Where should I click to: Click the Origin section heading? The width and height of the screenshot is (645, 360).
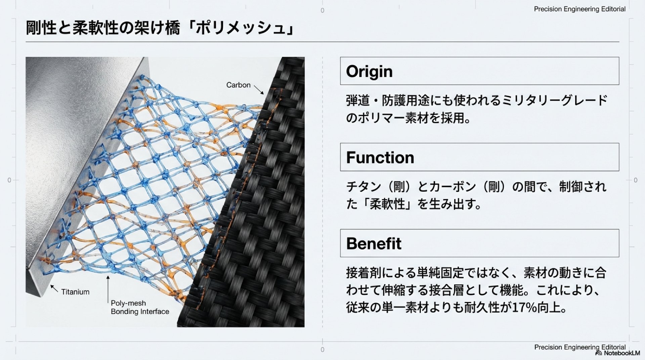click(x=369, y=72)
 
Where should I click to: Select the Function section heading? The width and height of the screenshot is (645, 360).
click(x=380, y=157)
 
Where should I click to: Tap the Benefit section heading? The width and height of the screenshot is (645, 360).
click(x=374, y=243)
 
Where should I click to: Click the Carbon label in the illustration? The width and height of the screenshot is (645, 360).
click(x=238, y=85)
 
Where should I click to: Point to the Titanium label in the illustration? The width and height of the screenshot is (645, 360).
click(x=75, y=292)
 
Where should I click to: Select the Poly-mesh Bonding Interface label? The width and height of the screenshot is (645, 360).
click(x=140, y=307)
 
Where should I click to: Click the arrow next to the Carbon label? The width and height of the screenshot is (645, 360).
click(x=259, y=90)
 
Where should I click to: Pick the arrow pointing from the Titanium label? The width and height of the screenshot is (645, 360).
click(x=54, y=288)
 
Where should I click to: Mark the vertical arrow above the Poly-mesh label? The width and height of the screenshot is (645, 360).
click(x=108, y=289)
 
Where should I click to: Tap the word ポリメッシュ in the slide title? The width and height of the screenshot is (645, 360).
click(x=241, y=28)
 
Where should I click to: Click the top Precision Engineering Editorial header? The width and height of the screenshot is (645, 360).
click(x=579, y=9)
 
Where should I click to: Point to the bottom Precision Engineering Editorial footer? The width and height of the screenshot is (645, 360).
click(x=579, y=347)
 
